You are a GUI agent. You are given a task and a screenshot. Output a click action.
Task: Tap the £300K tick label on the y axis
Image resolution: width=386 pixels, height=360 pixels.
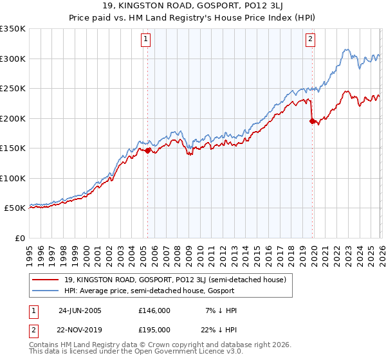(x=13, y=59)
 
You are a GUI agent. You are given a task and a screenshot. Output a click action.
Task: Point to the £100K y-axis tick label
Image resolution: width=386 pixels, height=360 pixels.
(x=13, y=178)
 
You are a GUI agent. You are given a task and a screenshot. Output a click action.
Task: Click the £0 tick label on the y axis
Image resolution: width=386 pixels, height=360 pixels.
(x=20, y=238)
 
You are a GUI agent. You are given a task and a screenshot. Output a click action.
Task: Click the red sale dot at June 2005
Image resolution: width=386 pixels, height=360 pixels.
(x=148, y=150)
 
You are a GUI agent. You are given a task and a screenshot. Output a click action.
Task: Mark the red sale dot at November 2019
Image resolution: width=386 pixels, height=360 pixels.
(x=312, y=121)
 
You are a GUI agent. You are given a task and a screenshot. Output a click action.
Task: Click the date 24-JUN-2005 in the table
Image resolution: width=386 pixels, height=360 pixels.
(x=80, y=310)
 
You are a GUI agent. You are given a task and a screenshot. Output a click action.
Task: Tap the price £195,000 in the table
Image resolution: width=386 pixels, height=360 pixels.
(x=154, y=329)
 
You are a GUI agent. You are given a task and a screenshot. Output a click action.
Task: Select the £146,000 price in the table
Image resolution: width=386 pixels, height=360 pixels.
(x=154, y=310)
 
